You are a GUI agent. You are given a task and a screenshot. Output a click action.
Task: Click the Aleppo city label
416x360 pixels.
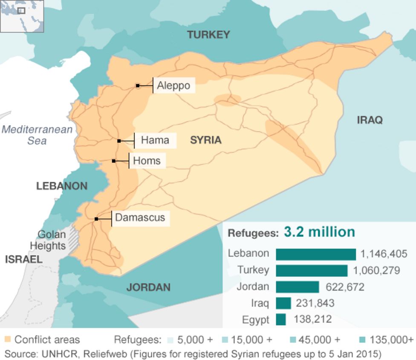click(x=173, y=86)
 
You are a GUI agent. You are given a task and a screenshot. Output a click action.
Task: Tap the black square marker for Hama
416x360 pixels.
click(x=119, y=141)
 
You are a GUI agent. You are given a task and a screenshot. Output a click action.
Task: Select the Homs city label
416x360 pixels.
click(x=147, y=161)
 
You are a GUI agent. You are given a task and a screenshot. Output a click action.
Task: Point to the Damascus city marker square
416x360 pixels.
click(x=97, y=219)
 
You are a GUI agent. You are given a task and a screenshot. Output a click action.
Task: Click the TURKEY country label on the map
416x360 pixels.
click(x=208, y=35)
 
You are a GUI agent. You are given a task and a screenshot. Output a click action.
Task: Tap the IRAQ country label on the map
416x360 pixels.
click(x=370, y=120)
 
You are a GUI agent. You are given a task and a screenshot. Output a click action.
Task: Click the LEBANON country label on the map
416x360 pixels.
click(x=62, y=186)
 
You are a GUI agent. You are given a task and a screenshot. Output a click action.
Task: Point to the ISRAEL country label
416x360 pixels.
click(x=24, y=259)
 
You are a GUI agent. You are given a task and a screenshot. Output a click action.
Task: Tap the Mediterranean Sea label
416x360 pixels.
click(x=37, y=135)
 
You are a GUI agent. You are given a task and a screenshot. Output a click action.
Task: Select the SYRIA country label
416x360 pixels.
click(x=205, y=140)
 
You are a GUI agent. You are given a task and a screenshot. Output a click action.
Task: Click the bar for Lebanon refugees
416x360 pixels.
click(x=315, y=254)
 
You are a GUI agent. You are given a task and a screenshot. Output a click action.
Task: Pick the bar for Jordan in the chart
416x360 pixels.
click(x=297, y=287)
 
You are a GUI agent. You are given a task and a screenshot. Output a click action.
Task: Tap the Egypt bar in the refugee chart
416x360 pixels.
click(x=280, y=319)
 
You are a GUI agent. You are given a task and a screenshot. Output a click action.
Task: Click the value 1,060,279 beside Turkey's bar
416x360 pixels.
click(x=376, y=270)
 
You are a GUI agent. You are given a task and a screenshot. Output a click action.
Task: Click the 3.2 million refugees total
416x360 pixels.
click(x=319, y=232)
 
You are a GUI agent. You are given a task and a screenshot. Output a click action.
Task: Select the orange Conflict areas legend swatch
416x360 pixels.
click(x=8, y=340)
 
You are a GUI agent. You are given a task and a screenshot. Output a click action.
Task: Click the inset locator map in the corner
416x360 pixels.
click(x=22, y=16)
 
